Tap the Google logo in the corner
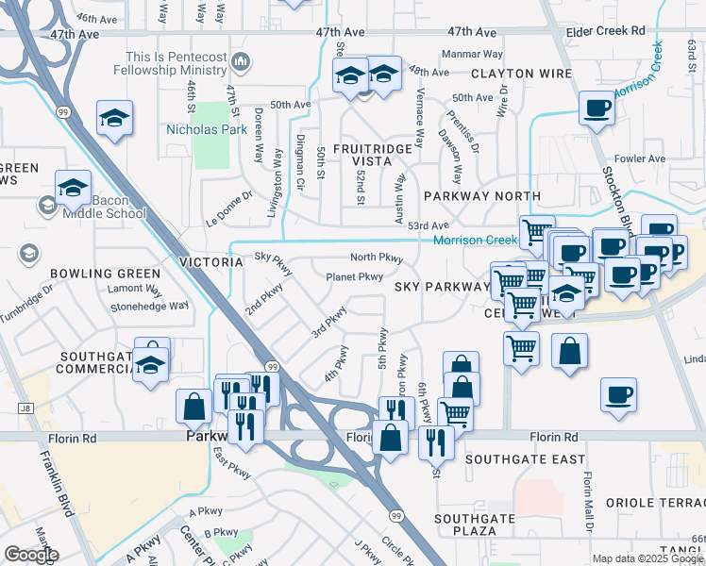[x=31, y=555]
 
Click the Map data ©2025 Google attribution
[x=647, y=558]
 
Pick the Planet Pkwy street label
[x=354, y=276]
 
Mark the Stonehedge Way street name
[x=150, y=306]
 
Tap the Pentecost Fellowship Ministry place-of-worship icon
[x=241, y=62]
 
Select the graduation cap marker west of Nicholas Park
[x=114, y=118]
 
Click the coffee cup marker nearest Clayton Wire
[x=596, y=108]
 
